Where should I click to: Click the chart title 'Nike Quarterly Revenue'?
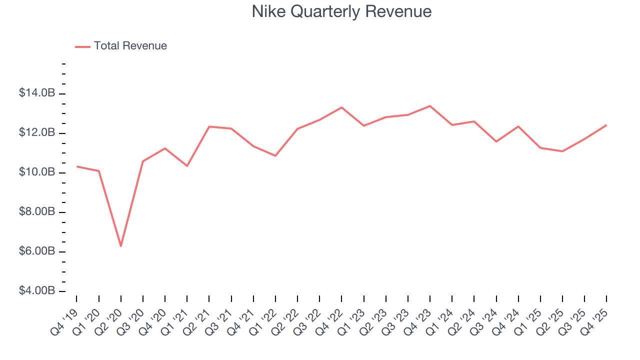pyautogui.click(x=341, y=11)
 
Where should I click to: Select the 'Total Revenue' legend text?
pyautogui.click(x=130, y=46)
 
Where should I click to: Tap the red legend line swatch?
pyautogui.click(x=82, y=46)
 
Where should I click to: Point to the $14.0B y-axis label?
pyautogui.click(x=37, y=93)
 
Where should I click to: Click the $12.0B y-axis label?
pyautogui.click(x=37, y=133)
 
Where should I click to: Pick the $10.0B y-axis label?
pyautogui.click(x=37, y=172)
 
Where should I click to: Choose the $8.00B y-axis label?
pyautogui.click(x=37, y=212)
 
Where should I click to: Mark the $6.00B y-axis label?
pyautogui.click(x=37, y=251)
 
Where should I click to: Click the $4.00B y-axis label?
pyautogui.click(x=37, y=291)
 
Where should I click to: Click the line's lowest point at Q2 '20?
pyautogui.click(x=121, y=246)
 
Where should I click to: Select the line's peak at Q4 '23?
pyautogui.click(x=430, y=106)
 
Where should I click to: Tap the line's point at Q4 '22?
pyautogui.click(x=341, y=107)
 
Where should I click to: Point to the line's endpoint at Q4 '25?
pyautogui.click(x=606, y=125)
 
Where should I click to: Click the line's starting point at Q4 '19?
pyautogui.click(x=76, y=166)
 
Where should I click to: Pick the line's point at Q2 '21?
pyautogui.click(x=209, y=126)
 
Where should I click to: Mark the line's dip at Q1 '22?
pyautogui.click(x=275, y=156)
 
